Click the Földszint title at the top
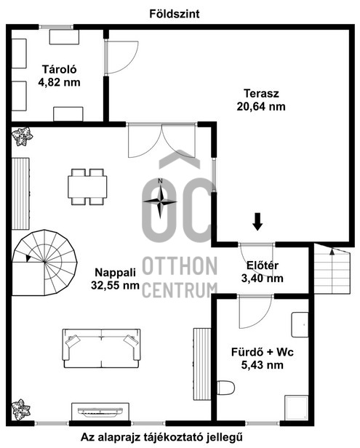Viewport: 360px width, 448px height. coord(175,14)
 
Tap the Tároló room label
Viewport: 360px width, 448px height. coord(60,69)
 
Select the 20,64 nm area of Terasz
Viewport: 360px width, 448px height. coord(261,107)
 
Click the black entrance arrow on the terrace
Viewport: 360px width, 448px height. coord(257,221)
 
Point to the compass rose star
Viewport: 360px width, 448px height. coord(160,201)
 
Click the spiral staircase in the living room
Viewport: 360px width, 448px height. coord(44,263)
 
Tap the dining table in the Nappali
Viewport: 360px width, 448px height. coord(87,187)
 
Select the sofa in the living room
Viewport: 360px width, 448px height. coord(101,348)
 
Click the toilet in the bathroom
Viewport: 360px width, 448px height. coord(225,388)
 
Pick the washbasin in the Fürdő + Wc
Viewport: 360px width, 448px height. coord(300,325)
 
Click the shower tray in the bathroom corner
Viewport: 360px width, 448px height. coord(297,408)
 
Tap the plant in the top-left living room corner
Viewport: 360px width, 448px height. coord(22,137)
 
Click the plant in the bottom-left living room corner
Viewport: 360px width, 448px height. coord(21,409)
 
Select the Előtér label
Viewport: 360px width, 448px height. coord(263,265)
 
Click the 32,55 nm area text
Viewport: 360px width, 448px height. coord(115,285)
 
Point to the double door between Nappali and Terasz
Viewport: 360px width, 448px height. coord(162,140)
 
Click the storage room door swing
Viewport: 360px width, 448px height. coord(122,57)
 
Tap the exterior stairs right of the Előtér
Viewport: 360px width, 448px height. coord(332,269)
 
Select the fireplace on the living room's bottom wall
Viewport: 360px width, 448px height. coord(100,412)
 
